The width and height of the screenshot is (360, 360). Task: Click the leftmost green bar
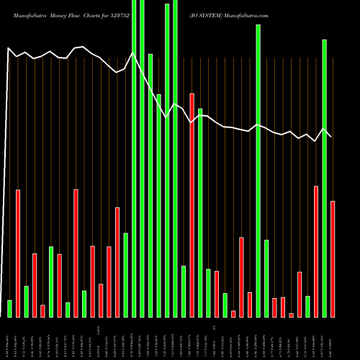[x=9, y=308]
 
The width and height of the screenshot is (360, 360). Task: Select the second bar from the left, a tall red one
[x=18, y=253]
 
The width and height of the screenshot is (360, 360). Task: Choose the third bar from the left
[x=26, y=301]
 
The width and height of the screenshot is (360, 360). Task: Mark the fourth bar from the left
[x=35, y=285]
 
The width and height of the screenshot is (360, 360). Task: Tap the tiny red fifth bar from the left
[x=42, y=311]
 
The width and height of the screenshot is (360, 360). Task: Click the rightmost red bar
[x=333, y=258]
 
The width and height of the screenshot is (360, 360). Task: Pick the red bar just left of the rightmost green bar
[x=316, y=251]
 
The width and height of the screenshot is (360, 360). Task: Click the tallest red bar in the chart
[x=192, y=204]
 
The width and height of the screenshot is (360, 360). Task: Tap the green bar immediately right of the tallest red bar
[x=200, y=212]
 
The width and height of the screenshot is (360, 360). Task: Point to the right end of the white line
[x=331, y=137]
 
